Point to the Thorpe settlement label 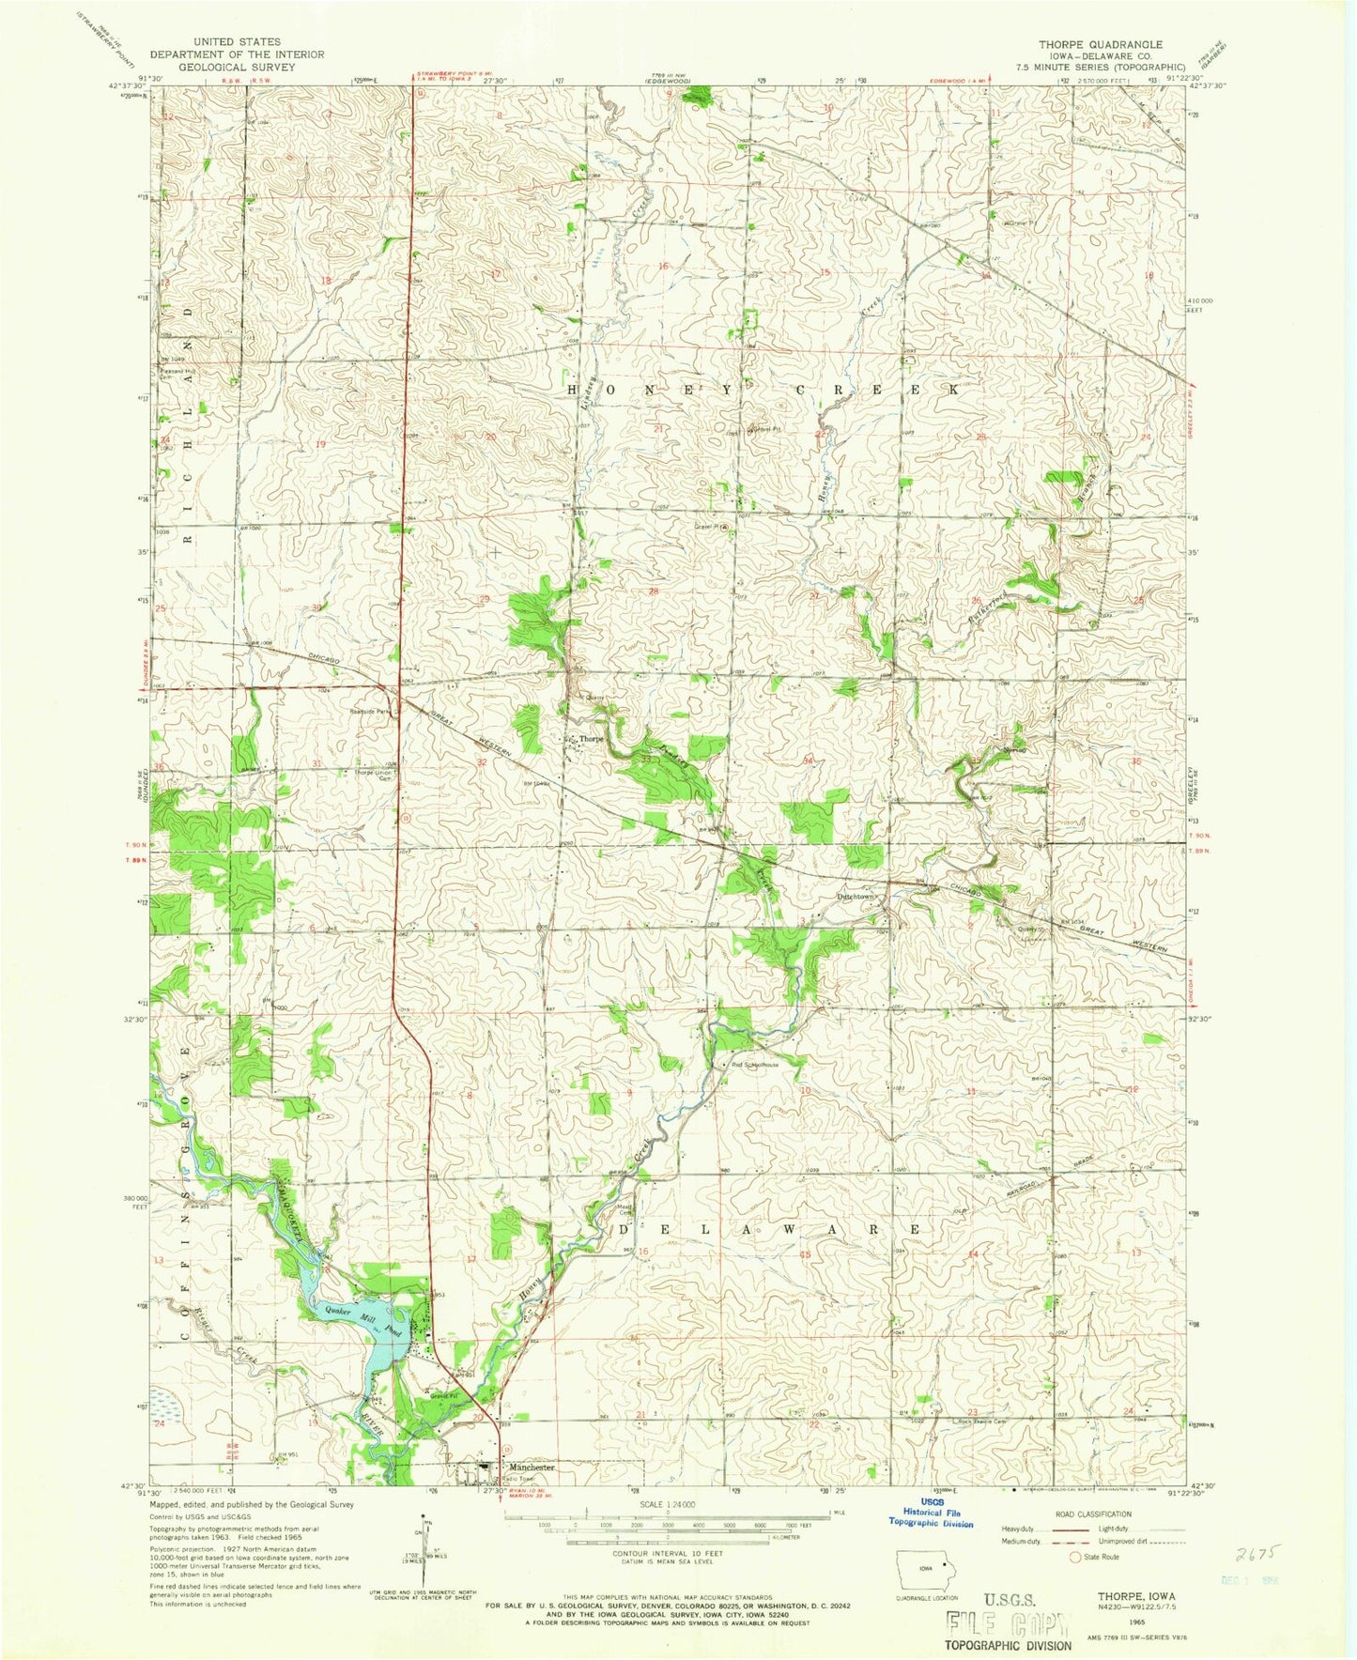pos(591,739)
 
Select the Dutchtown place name pos(857,897)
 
